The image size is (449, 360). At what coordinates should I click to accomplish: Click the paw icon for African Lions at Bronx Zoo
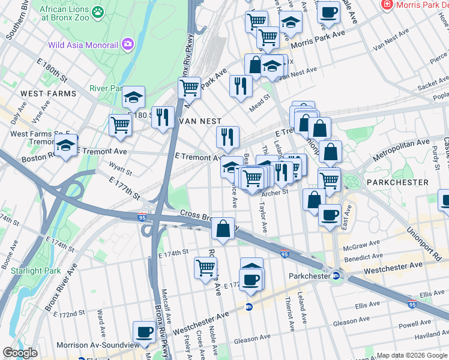tap(97, 11)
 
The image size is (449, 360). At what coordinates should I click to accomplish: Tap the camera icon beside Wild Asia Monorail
tap(127, 44)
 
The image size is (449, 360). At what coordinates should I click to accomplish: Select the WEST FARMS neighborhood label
tap(49, 94)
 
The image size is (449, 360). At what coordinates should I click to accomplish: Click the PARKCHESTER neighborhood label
tap(397, 182)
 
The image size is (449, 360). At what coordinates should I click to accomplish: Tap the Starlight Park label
tap(35, 271)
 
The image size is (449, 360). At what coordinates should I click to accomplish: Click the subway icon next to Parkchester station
tap(336, 276)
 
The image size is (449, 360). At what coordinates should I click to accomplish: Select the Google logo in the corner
tap(20, 353)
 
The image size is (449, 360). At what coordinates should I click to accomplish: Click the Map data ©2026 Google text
tap(412, 355)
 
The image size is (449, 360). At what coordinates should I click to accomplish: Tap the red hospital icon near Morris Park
tap(388, 5)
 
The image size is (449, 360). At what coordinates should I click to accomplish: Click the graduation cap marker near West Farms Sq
tap(65, 145)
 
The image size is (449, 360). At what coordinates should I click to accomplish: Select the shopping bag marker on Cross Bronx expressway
tap(223, 229)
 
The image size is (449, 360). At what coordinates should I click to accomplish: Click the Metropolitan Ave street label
tap(401, 149)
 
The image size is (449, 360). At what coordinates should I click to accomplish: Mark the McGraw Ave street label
tap(362, 244)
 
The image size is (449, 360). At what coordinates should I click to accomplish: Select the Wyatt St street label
tap(120, 167)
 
